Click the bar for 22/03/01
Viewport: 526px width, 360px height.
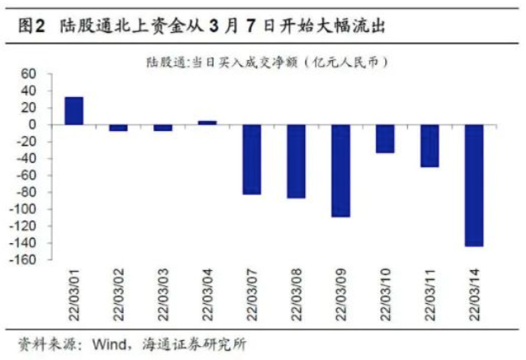73,110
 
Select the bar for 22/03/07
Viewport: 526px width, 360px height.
251,159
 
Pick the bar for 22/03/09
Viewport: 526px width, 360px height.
340,171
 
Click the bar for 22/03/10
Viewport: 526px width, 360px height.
385,138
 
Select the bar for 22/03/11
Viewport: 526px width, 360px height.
430,146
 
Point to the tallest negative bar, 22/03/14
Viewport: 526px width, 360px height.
474,185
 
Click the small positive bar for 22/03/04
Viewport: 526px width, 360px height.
207,123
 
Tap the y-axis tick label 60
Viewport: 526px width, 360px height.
29,74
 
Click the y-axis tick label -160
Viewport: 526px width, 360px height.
24,260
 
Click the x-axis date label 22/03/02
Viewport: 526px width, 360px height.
118,293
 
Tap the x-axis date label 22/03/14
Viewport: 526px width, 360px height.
474,293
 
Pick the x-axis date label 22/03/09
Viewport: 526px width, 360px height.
340,293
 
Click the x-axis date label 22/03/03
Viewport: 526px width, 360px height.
162,293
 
